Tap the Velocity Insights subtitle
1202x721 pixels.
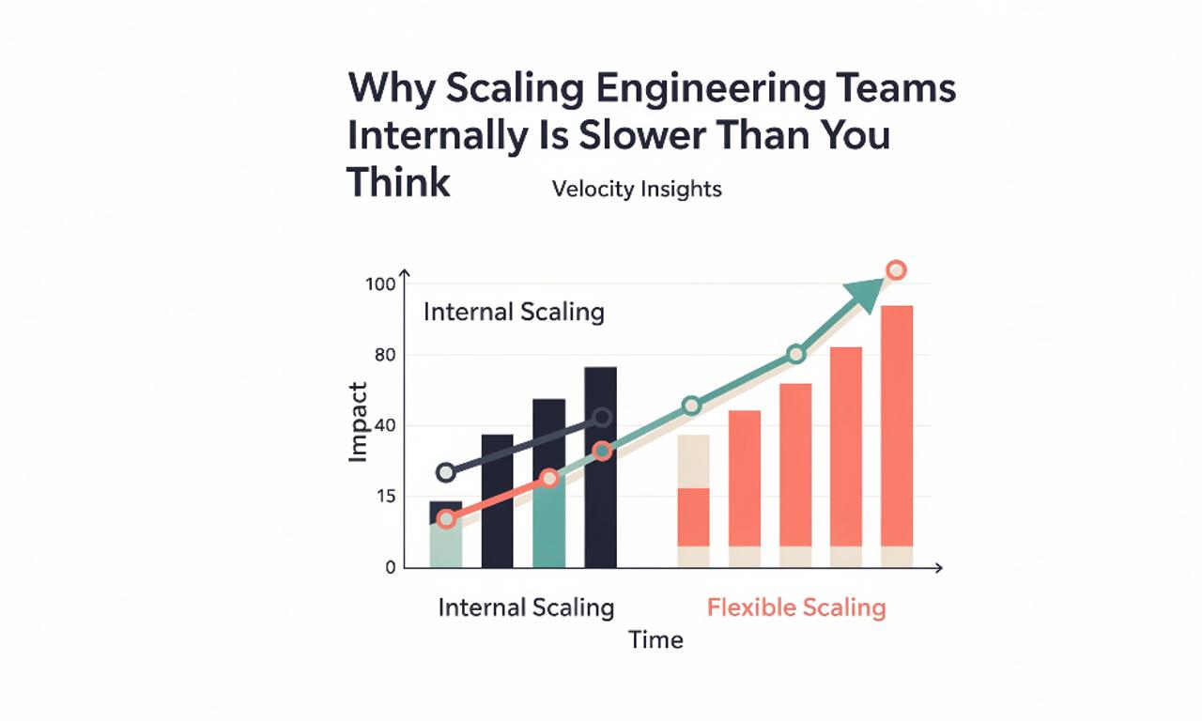637,189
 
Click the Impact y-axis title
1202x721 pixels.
358,422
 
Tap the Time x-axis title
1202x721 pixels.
655,640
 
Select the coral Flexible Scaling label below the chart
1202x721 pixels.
795,607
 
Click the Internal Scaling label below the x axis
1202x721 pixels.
526,607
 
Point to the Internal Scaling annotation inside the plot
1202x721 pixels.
514,312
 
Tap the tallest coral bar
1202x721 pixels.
897,432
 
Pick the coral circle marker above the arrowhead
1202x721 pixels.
896,270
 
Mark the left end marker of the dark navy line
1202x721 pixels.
446,472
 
